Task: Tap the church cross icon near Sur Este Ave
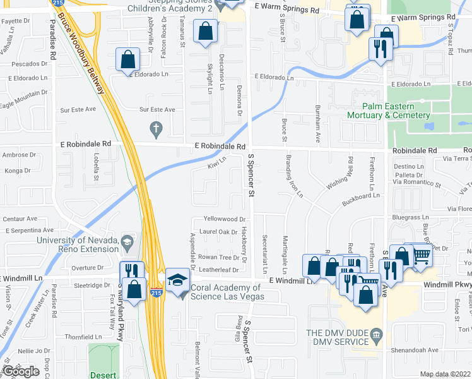(x=156, y=129)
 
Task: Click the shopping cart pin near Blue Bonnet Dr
(x=422, y=255)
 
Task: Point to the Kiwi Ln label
(x=216, y=165)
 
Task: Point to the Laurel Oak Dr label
(x=218, y=232)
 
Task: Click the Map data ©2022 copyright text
(x=445, y=374)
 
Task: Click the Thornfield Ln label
(x=82, y=337)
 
